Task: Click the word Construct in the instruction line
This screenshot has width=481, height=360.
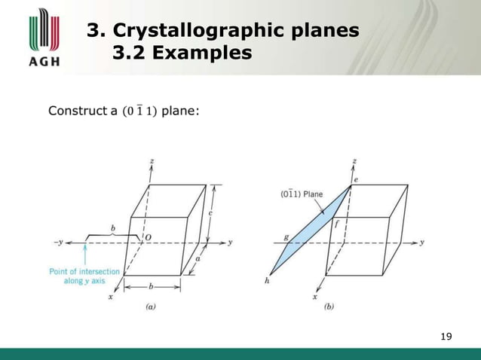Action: (75, 112)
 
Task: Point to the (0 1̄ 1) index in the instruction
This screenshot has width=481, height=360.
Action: (138, 112)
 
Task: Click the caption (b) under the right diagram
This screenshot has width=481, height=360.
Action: (329, 308)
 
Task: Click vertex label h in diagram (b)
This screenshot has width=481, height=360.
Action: (267, 281)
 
